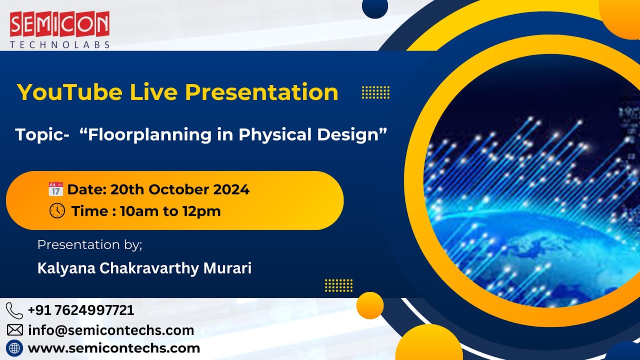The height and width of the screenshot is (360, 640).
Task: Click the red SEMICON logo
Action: pyautogui.click(x=59, y=24)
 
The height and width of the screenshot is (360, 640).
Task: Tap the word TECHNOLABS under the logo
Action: pyautogui.click(x=59, y=45)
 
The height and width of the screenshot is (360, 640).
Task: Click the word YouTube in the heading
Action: pyautogui.click(x=69, y=92)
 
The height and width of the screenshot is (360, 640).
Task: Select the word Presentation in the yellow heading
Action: pyautogui.click(x=261, y=92)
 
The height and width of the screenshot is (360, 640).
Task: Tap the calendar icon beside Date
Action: pyautogui.click(x=55, y=189)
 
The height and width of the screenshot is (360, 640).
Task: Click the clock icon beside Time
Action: pyautogui.click(x=57, y=211)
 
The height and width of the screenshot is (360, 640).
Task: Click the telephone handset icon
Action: pyautogui.click(x=14, y=310)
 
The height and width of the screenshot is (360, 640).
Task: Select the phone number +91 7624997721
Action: pyautogui.click(x=81, y=310)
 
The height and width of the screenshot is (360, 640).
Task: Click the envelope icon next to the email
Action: pyautogui.click(x=15, y=330)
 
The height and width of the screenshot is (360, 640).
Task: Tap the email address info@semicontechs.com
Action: pyautogui.click(x=111, y=330)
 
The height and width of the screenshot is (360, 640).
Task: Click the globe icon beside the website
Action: pyautogui.click(x=15, y=348)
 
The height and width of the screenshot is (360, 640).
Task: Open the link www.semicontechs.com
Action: pyautogui.click(x=114, y=348)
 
